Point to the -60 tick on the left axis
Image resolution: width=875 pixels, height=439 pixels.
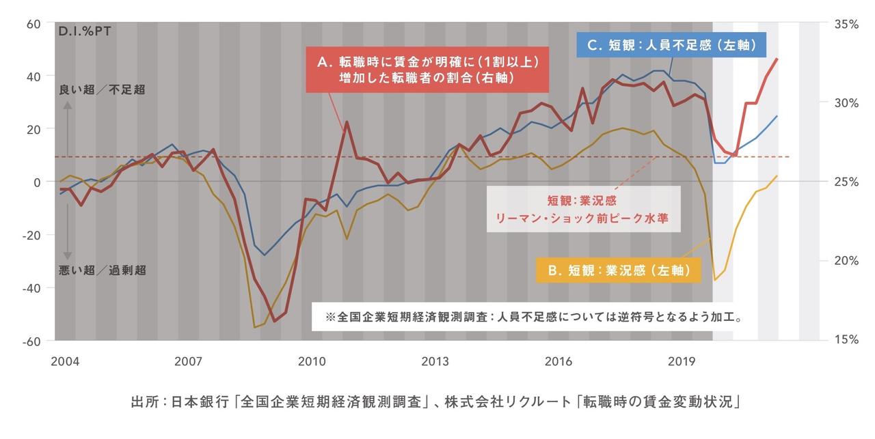click(x=32, y=341)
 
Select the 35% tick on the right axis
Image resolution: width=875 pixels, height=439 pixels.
click(x=846, y=24)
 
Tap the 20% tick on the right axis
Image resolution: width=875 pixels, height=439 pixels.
click(x=846, y=261)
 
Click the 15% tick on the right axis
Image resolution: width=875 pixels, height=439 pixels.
click(x=846, y=340)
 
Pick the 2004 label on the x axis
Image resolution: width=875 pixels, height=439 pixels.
click(x=64, y=360)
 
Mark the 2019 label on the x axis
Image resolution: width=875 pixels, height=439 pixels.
click(x=682, y=360)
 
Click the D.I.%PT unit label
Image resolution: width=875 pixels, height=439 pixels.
click(x=85, y=31)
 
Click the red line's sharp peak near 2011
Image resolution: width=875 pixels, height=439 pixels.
click(x=347, y=122)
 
